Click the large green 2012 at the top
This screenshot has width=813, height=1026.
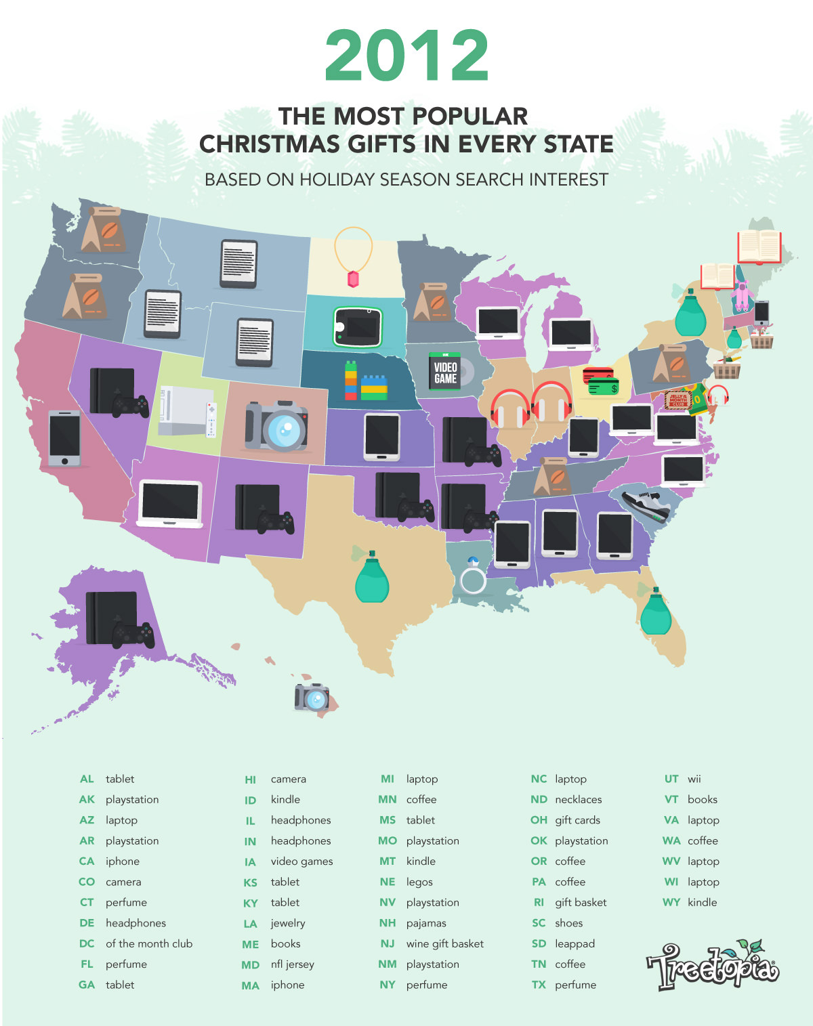(406, 56)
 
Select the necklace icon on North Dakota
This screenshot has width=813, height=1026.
(353, 258)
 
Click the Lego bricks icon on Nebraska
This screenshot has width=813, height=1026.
(365, 382)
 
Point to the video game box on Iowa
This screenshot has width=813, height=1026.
(446, 372)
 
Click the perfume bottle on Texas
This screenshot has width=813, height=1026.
(372, 576)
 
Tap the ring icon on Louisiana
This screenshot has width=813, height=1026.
(472, 576)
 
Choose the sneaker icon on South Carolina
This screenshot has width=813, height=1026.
(646, 505)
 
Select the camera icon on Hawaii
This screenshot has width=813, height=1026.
(312, 697)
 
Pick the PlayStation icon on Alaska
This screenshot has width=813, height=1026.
(119, 619)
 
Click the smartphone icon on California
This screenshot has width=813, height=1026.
(64, 437)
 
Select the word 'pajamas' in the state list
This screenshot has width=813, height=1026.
(425, 923)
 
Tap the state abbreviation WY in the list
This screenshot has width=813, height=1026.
(671, 902)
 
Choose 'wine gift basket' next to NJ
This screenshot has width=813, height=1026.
(444, 943)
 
